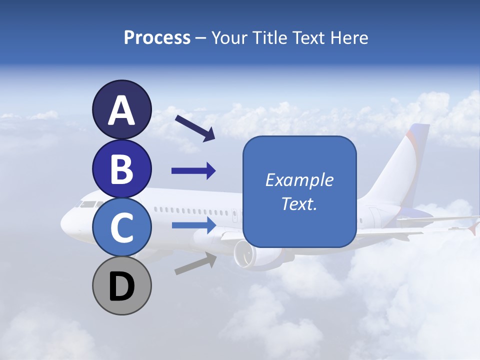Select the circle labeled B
pos(122,169)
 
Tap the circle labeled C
pos(122,227)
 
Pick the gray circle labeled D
pos(122,286)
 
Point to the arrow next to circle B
pos(193,171)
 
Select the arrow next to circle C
pos(193,225)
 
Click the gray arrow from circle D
pos(195,264)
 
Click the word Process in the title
pos(157,37)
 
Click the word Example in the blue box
pos(299,180)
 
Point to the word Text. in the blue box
pos(299,203)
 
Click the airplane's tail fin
pos(407,160)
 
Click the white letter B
pos(122,169)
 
